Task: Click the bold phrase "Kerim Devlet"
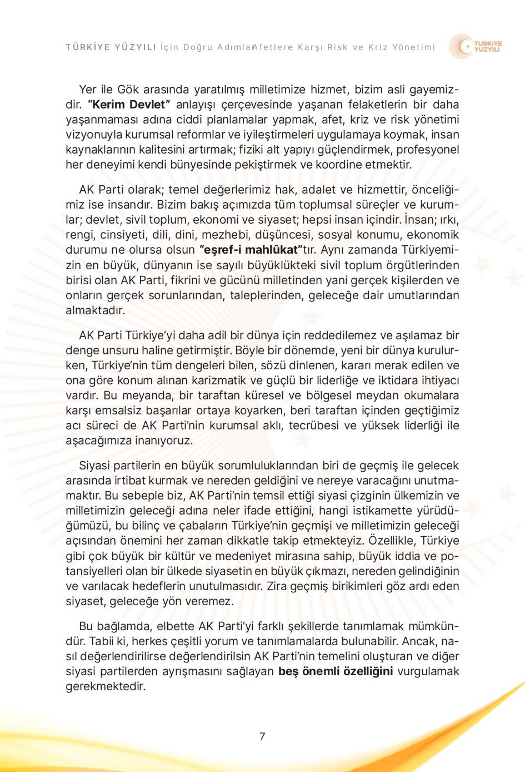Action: [129, 105]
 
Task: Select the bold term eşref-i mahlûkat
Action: [251, 250]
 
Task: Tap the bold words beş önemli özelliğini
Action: [336, 671]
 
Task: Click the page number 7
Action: [262, 736]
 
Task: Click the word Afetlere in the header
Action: [273, 47]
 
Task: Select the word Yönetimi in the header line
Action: [413, 47]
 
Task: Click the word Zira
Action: [277, 586]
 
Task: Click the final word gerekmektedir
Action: [106, 686]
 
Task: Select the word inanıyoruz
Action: [164, 441]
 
